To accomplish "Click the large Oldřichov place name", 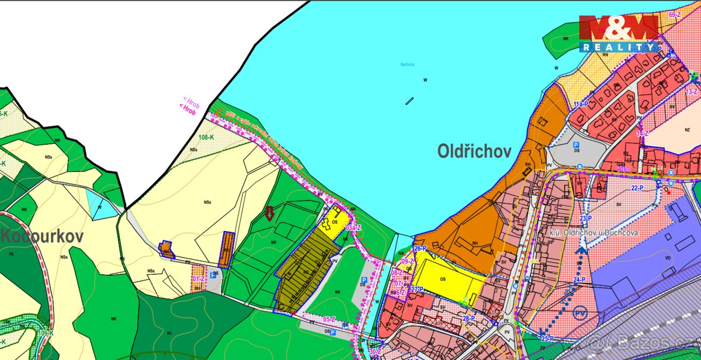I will [x=474, y=152].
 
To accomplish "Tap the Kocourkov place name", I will [x=41, y=237].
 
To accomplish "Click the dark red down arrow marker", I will [x=269, y=213].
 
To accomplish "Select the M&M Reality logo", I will [x=619, y=33].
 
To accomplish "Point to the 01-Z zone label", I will [x=198, y=279].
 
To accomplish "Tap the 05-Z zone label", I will [x=329, y=319].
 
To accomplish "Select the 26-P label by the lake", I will [x=421, y=248].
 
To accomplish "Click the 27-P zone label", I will [x=417, y=289].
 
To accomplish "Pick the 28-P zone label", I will [x=469, y=318].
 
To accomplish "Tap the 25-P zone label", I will [x=547, y=339].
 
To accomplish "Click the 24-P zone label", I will [x=579, y=280].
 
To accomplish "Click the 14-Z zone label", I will [x=643, y=134].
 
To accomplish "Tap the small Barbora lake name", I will [x=407, y=64].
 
